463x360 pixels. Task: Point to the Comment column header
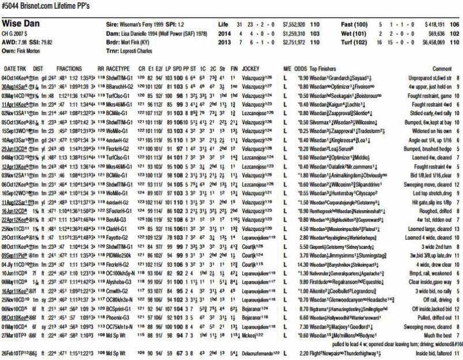(442, 68)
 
